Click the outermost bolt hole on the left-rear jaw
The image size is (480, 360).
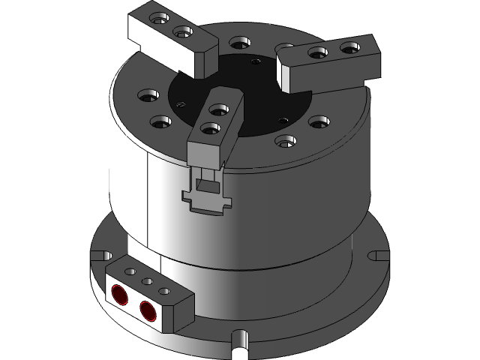[157, 18]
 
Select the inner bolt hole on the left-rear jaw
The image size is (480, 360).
[181, 32]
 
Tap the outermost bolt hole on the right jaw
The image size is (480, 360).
[349, 48]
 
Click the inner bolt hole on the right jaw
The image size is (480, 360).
[317, 52]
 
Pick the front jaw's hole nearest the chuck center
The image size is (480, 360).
[219, 111]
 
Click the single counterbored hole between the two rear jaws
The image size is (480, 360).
[238, 42]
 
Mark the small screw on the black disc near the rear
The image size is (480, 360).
[256, 63]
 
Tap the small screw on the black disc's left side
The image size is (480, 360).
[179, 105]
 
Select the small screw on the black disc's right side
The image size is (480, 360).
[282, 119]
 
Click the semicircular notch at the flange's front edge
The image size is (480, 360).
[240, 342]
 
